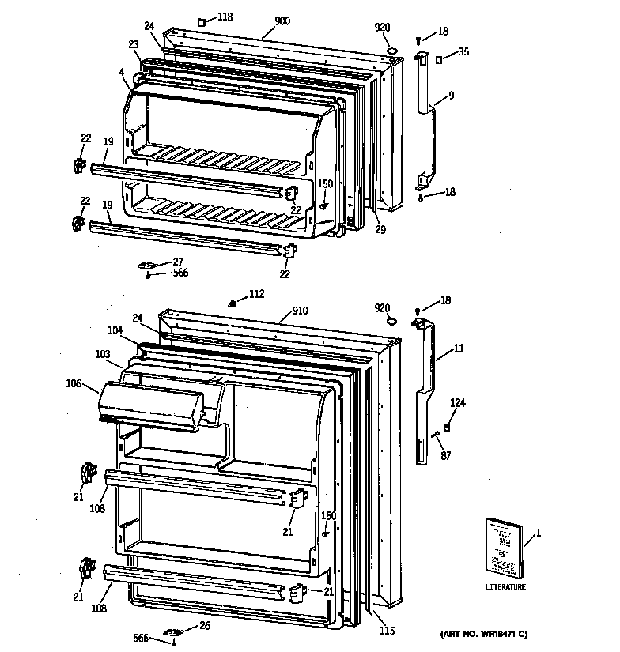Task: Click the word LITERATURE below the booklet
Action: pyautogui.click(x=505, y=587)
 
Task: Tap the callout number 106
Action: pyautogui.click(x=74, y=383)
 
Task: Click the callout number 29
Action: pyautogui.click(x=380, y=229)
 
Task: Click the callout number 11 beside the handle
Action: pyautogui.click(x=459, y=349)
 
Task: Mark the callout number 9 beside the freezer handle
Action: pyautogui.click(x=450, y=96)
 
